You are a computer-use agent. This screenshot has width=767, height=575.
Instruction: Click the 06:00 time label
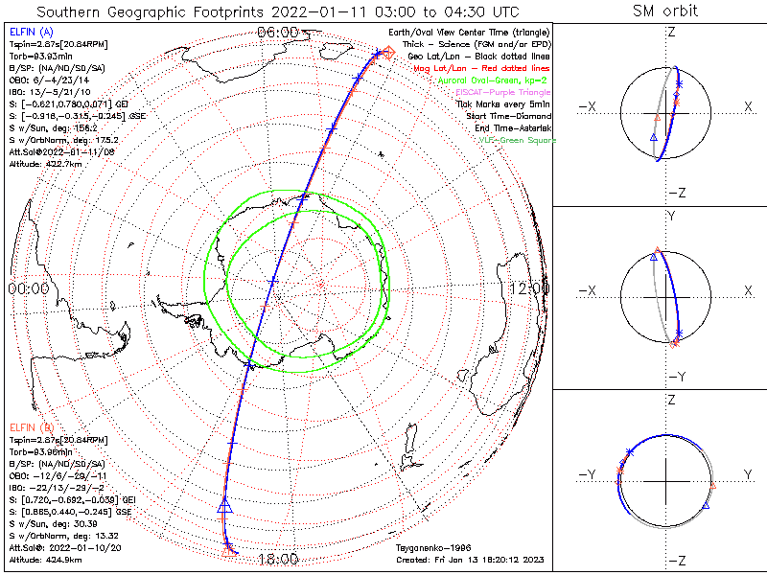point(277,32)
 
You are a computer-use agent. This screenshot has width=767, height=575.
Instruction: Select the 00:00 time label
point(28,287)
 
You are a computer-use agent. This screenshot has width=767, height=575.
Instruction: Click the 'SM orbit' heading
point(665,11)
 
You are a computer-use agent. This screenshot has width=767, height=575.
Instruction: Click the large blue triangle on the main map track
point(226,505)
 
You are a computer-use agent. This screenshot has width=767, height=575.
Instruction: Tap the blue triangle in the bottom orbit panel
point(707,503)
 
